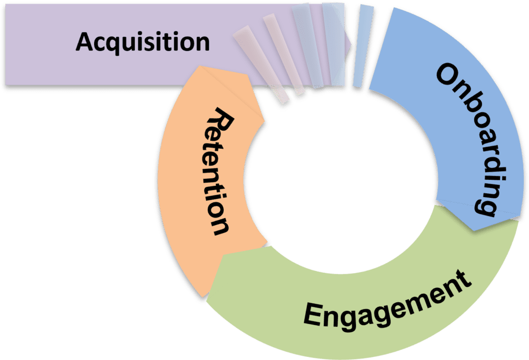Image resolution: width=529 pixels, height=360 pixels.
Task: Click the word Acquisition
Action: click(x=143, y=42)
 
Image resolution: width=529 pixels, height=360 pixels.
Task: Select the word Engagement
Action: click(x=387, y=303)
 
